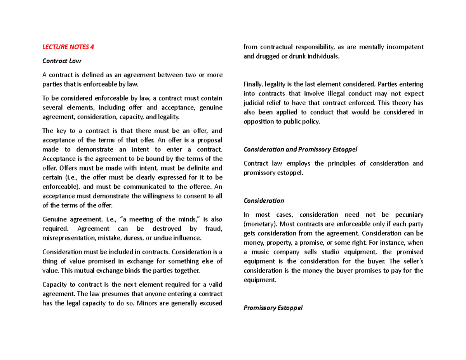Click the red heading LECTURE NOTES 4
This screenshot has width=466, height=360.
pyautogui.click(x=68, y=47)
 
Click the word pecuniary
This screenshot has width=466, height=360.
pyautogui.click(x=408, y=215)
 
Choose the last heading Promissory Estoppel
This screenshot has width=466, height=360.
pyautogui.click(x=272, y=308)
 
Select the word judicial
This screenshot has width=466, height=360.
pyautogui.click(x=254, y=103)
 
